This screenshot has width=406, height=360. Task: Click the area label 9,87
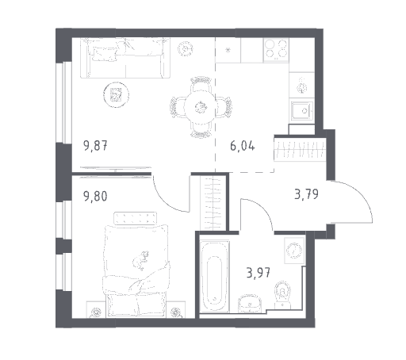point(95,146)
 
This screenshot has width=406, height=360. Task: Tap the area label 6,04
point(243,146)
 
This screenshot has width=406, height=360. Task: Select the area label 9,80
point(95,197)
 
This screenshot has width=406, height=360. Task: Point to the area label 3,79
point(307,194)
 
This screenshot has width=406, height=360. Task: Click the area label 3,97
point(259,273)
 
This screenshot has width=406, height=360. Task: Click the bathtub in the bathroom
point(214,276)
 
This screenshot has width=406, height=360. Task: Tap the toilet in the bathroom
point(282,295)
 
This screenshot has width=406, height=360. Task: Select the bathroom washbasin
point(250,304)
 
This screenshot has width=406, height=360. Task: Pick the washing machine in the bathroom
point(294,251)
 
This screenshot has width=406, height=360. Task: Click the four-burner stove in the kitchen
point(276,50)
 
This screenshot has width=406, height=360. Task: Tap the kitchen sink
point(302,111)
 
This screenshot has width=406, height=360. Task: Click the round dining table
point(200,107)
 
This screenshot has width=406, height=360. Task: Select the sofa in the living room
point(125,58)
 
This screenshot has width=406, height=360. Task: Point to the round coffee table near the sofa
point(117,94)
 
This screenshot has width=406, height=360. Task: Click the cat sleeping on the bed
point(140,260)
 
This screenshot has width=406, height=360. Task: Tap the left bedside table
point(95,309)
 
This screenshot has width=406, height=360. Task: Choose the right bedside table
point(176,309)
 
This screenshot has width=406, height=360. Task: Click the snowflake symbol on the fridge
point(228,50)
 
